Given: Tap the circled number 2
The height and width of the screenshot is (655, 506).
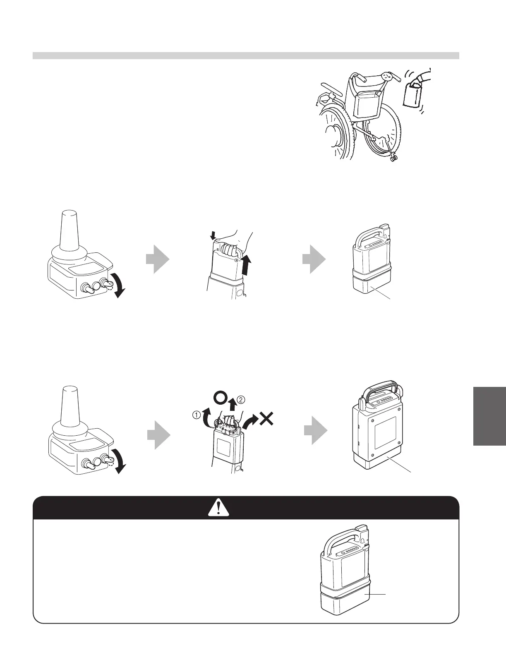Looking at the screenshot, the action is pyautogui.click(x=242, y=399).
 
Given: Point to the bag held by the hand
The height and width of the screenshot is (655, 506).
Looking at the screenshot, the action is pyautogui.click(x=412, y=96).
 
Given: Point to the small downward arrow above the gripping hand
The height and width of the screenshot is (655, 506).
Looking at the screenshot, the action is pyautogui.click(x=213, y=235).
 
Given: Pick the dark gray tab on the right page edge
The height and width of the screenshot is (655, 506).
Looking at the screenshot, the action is pyautogui.click(x=489, y=416).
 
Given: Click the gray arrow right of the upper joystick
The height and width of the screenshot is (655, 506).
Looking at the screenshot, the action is pyautogui.click(x=158, y=259).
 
